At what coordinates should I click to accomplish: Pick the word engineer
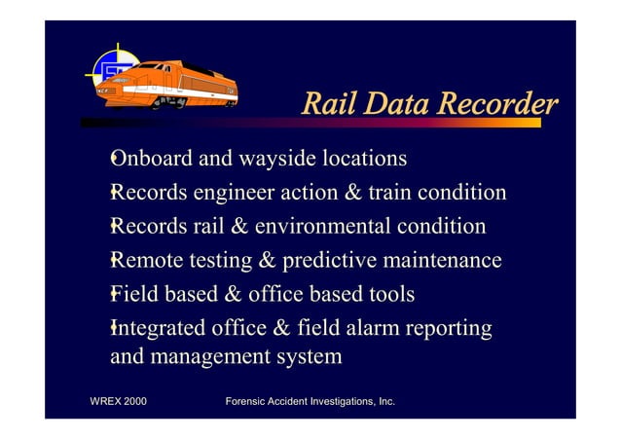[x=240, y=193]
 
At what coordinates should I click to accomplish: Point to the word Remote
[x=148, y=261]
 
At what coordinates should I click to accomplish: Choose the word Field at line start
[x=135, y=294]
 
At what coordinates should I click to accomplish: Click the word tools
[x=389, y=294]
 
